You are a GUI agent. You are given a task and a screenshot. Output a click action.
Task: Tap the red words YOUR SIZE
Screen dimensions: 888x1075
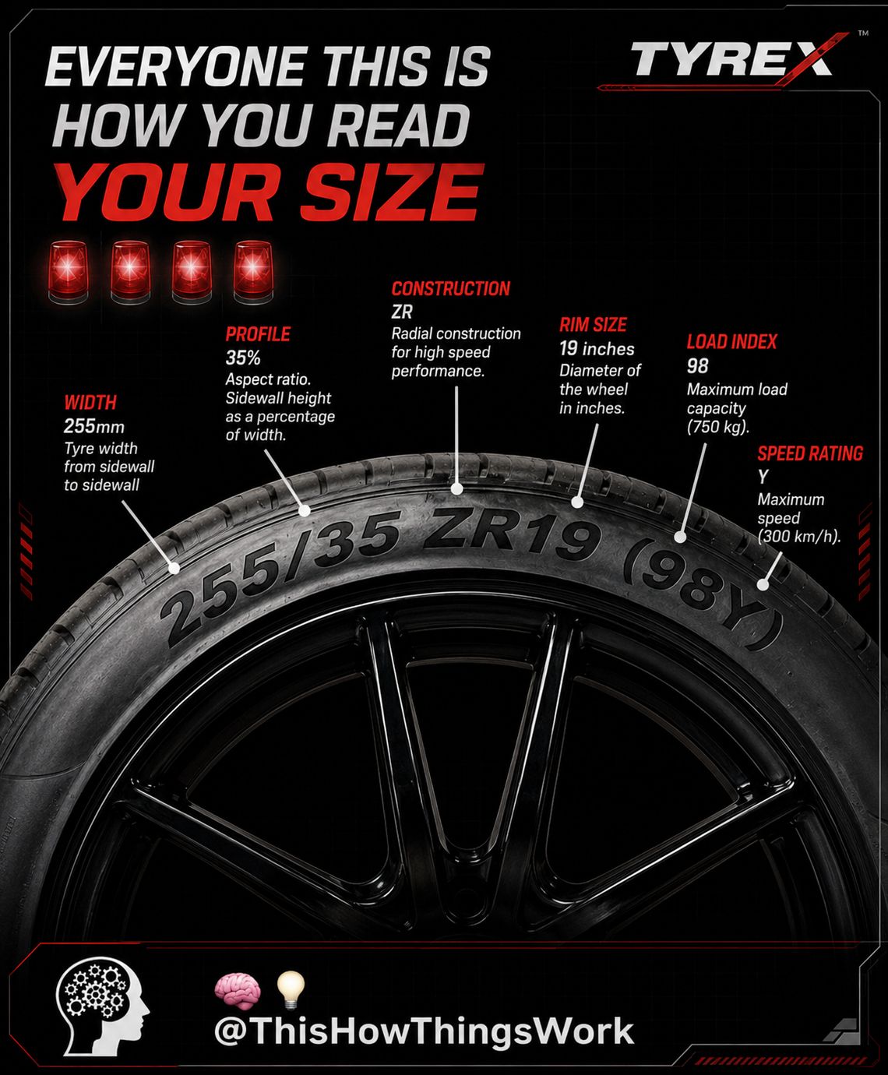269,193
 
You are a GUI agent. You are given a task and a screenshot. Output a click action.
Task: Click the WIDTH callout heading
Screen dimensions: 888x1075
90,403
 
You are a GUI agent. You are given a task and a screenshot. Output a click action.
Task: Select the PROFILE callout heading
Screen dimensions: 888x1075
258,334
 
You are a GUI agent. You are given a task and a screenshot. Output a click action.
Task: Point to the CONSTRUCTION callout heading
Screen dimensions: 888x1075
451,289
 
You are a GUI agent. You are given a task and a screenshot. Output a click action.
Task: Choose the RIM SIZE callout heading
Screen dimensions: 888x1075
593,325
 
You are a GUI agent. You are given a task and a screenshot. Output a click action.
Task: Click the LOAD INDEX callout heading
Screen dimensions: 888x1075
731,342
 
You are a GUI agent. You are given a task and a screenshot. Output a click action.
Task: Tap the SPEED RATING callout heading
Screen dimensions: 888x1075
810,453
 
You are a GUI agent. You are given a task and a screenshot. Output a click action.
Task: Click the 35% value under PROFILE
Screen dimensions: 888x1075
243,358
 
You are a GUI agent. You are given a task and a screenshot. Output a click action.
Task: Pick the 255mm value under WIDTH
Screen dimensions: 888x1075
94,426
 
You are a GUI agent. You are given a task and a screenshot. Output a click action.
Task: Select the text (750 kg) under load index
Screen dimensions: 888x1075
718,427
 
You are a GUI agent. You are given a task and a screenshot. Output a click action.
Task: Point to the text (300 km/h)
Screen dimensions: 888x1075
799,537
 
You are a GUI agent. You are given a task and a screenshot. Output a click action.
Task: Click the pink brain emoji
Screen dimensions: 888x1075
238,991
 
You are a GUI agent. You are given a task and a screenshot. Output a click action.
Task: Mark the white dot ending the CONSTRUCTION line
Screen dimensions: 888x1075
456,489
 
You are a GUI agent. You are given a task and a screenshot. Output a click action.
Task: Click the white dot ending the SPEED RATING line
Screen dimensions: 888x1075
763,584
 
